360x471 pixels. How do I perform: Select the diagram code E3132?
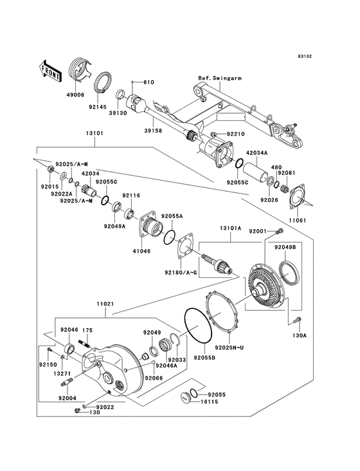pos(305,56)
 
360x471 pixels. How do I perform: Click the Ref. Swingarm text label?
pos(220,78)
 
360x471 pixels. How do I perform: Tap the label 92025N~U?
pos(228,347)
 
